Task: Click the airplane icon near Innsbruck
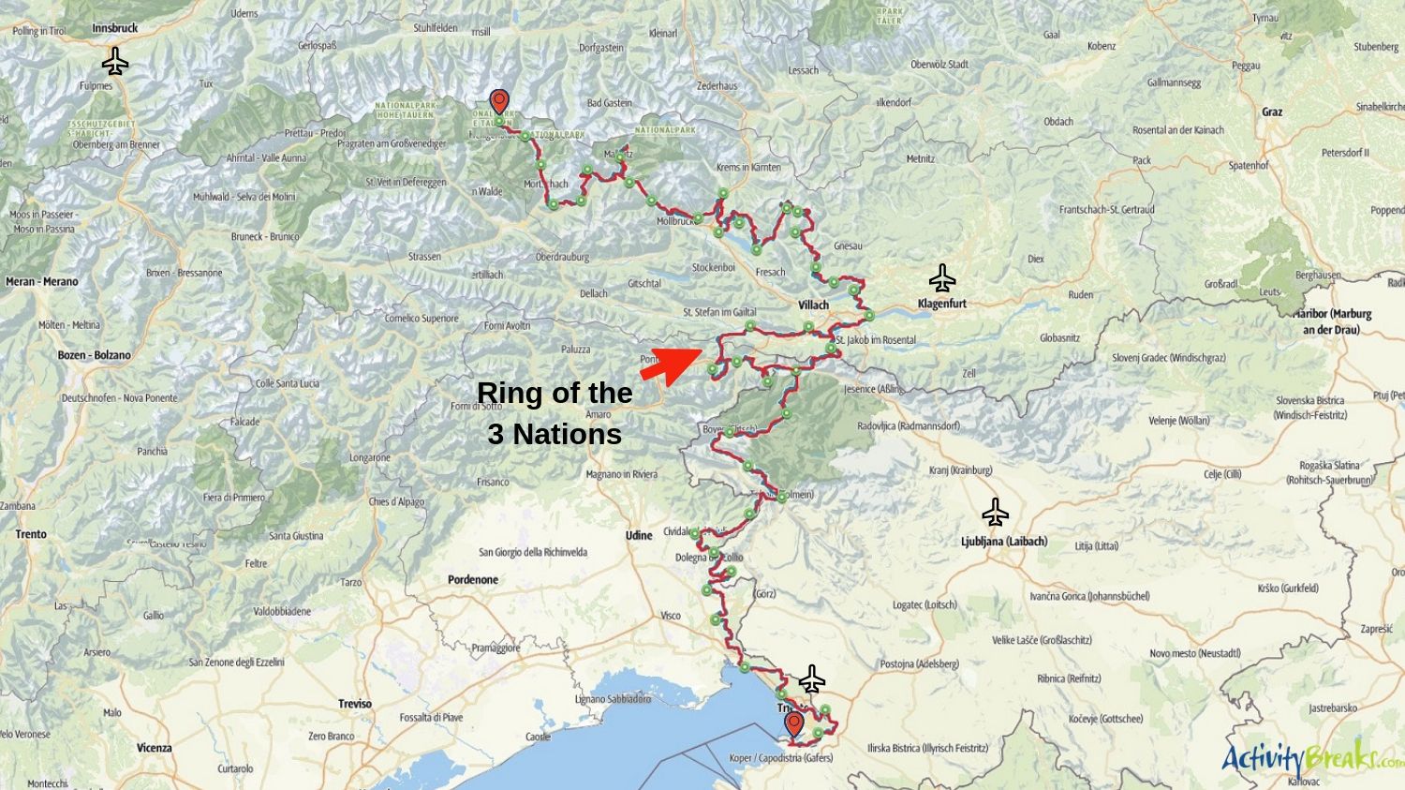coord(115,62)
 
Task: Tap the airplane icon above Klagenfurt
coord(942,278)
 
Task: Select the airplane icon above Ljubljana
coord(995,513)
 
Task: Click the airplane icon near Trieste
coord(811,678)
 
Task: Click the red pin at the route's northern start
coord(499,101)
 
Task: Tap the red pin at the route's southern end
coord(794,723)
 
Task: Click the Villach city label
coord(813,305)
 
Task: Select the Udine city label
coord(639,535)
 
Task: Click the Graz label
coord(1272,112)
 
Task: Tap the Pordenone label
coord(473,579)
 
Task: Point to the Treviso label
coord(355,703)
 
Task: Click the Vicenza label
coord(154,748)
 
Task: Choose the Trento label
coord(31,534)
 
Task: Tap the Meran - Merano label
coord(42,281)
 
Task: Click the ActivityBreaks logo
coord(1311,757)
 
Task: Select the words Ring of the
coord(555,393)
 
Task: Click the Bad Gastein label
coord(610,103)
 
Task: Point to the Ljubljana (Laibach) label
coord(1004,541)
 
